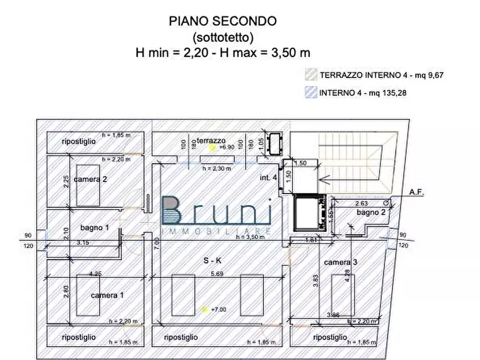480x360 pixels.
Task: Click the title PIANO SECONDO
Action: [x=223, y=21]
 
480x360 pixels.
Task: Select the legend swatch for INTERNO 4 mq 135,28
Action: [x=310, y=92]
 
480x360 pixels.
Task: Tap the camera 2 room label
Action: [x=90, y=179]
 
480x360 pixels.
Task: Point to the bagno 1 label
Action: [x=95, y=228]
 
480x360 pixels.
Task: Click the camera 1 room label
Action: [x=108, y=295]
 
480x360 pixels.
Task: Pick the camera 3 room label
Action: [x=341, y=262]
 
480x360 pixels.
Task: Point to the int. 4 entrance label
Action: [x=268, y=177]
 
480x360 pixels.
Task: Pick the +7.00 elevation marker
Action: [x=218, y=310]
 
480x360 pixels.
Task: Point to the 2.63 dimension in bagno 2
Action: [x=361, y=203]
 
